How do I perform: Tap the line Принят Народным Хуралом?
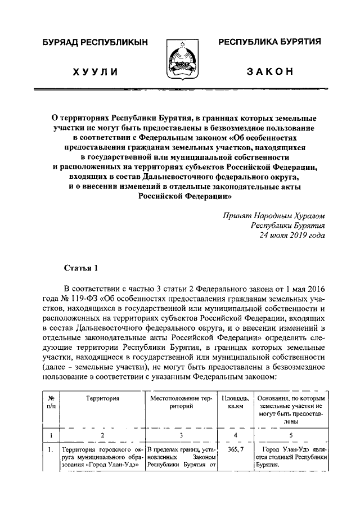click(x=273, y=215)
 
